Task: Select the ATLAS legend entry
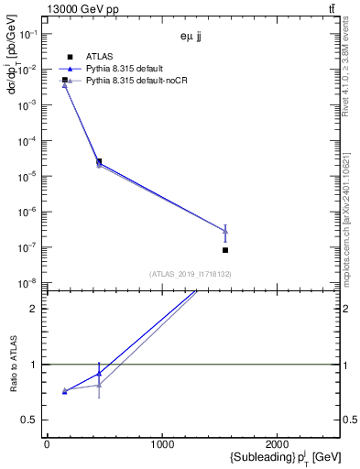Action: (100, 57)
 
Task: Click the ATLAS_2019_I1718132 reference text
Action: (192, 274)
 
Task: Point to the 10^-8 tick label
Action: (30, 283)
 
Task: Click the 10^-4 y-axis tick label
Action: (30, 141)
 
